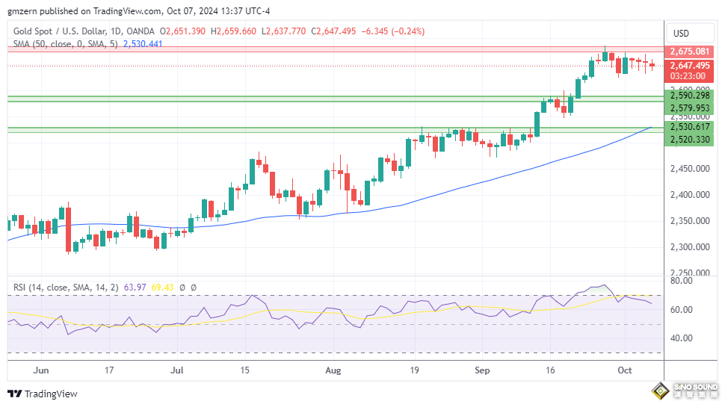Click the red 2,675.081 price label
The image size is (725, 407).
pyautogui.click(x=690, y=51)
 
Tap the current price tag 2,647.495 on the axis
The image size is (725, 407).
pyautogui.click(x=690, y=65)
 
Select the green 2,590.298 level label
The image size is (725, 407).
pyautogui.click(x=690, y=96)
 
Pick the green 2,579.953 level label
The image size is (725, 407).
pyautogui.click(x=690, y=107)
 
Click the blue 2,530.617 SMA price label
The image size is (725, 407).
pyautogui.click(x=690, y=128)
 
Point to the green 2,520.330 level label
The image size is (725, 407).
pyautogui.click(x=690, y=140)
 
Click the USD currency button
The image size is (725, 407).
pyautogui.click(x=681, y=33)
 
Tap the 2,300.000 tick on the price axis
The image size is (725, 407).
pyautogui.click(x=690, y=247)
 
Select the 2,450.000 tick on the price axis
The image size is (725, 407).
pyautogui.click(x=690, y=169)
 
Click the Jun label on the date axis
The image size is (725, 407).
pyautogui.click(x=42, y=370)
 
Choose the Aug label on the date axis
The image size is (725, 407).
pyautogui.click(x=333, y=370)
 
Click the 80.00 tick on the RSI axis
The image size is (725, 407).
pyautogui.click(x=681, y=282)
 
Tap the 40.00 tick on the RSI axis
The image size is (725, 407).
pyautogui.click(x=681, y=338)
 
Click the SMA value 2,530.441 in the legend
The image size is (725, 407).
pyautogui.click(x=142, y=44)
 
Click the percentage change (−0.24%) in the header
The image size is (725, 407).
pyautogui.click(x=407, y=31)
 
